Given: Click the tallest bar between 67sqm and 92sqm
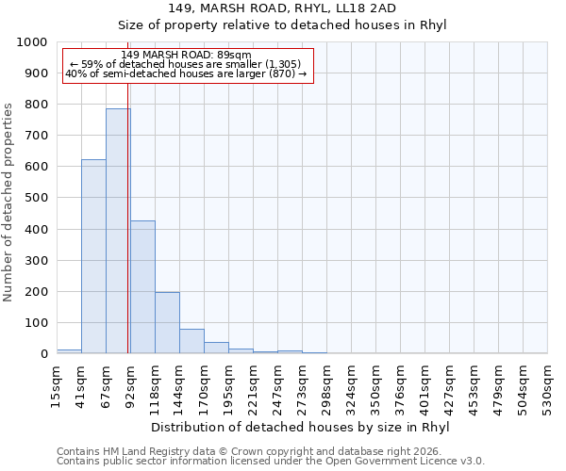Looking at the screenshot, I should point(118,231).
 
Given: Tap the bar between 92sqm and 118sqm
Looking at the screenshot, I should point(142,287).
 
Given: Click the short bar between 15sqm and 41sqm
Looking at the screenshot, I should point(69,351).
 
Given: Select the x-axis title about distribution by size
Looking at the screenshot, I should point(301,427).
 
